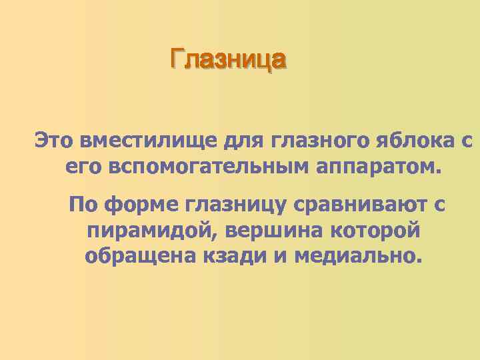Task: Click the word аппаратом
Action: tap(378, 166)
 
